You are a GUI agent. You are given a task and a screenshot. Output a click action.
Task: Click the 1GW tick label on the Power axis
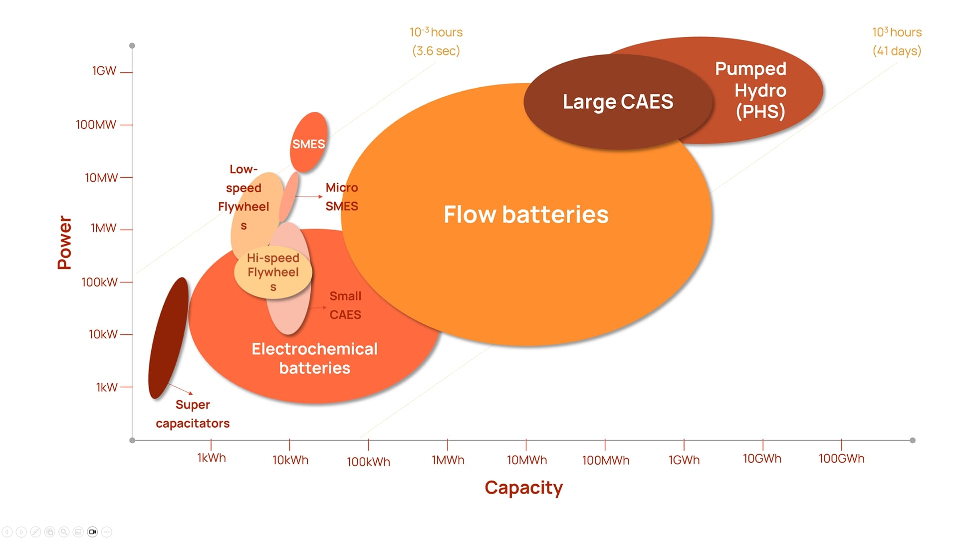(x=104, y=71)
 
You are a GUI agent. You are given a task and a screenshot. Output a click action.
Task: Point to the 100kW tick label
(x=99, y=282)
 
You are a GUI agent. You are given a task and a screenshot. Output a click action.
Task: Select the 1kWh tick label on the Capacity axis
(x=211, y=458)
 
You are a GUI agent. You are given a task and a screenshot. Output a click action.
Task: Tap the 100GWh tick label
(x=841, y=459)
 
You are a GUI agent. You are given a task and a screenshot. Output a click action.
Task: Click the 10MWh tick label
(x=526, y=460)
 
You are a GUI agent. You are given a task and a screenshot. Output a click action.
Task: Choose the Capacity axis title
(x=523, y=488)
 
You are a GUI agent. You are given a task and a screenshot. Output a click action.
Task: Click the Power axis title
(x=65, y=243)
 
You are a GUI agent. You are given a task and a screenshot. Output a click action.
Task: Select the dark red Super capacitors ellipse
(x=168, y=338)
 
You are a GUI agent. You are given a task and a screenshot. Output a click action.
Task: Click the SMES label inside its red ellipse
(x=308, y=144)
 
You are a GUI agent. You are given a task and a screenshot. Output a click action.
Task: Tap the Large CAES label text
(x=618, y=102)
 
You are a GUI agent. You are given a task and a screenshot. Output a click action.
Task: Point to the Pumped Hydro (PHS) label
(x=755, y=90)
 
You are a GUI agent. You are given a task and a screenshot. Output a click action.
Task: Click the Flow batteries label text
(x=526, y=215)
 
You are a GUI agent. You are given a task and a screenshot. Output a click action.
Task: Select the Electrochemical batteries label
(x=314, y=358)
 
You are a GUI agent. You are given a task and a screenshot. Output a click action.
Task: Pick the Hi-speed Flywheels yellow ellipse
(x=273, y=272)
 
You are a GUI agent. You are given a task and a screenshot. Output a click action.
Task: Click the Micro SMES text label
(x=342, y=197)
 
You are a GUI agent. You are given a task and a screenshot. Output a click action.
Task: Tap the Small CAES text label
(x=345, y=305)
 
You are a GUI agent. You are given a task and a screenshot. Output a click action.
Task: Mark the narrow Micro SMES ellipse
(x=289, y=197)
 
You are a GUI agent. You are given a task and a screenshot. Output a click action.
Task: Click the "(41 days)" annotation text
(x=897, y=51)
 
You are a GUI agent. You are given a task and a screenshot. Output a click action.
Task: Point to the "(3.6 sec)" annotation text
(x=436, y=51)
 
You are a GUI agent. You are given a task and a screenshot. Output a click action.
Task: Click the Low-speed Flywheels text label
(x=243, y=197)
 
